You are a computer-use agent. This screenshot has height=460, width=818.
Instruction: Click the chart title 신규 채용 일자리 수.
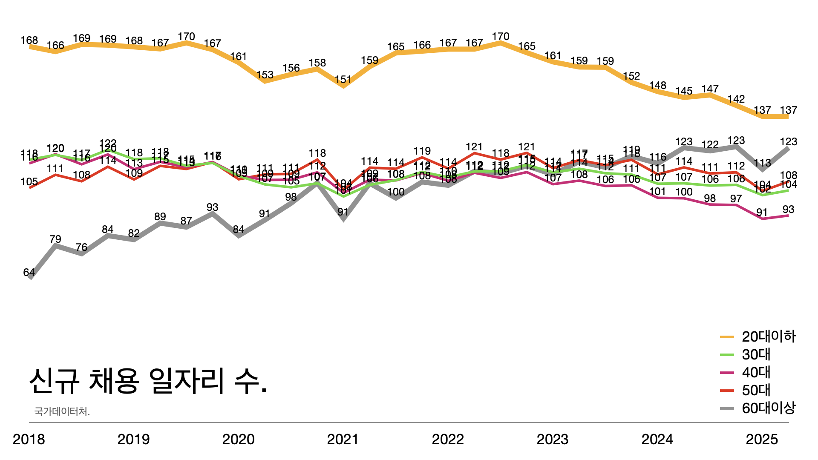[148, 380]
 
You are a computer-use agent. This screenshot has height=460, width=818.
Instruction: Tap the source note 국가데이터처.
[62, 411]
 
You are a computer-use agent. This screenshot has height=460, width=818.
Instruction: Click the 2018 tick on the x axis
[29, 439]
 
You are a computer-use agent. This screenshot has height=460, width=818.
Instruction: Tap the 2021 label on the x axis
[343, 439]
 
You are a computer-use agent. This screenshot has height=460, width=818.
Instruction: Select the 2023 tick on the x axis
[553, 439]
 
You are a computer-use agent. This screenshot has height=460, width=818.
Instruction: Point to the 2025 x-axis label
[762, 439]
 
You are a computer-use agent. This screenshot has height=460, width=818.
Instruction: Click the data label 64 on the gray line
[29, 273]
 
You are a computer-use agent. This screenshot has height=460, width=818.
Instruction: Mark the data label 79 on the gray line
[55, 239]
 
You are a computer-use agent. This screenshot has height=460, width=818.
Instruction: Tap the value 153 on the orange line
[265, 75]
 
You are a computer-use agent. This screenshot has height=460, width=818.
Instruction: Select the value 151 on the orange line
[343, 80]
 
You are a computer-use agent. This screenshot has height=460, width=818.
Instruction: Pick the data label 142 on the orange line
[736, 99]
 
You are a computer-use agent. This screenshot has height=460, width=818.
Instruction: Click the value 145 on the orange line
[684, 91]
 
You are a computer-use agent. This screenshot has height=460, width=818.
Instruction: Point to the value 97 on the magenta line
[736, 199]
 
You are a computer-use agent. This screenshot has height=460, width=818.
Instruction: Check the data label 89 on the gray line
[160, 216]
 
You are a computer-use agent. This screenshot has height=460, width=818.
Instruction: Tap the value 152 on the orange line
[631, 76]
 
